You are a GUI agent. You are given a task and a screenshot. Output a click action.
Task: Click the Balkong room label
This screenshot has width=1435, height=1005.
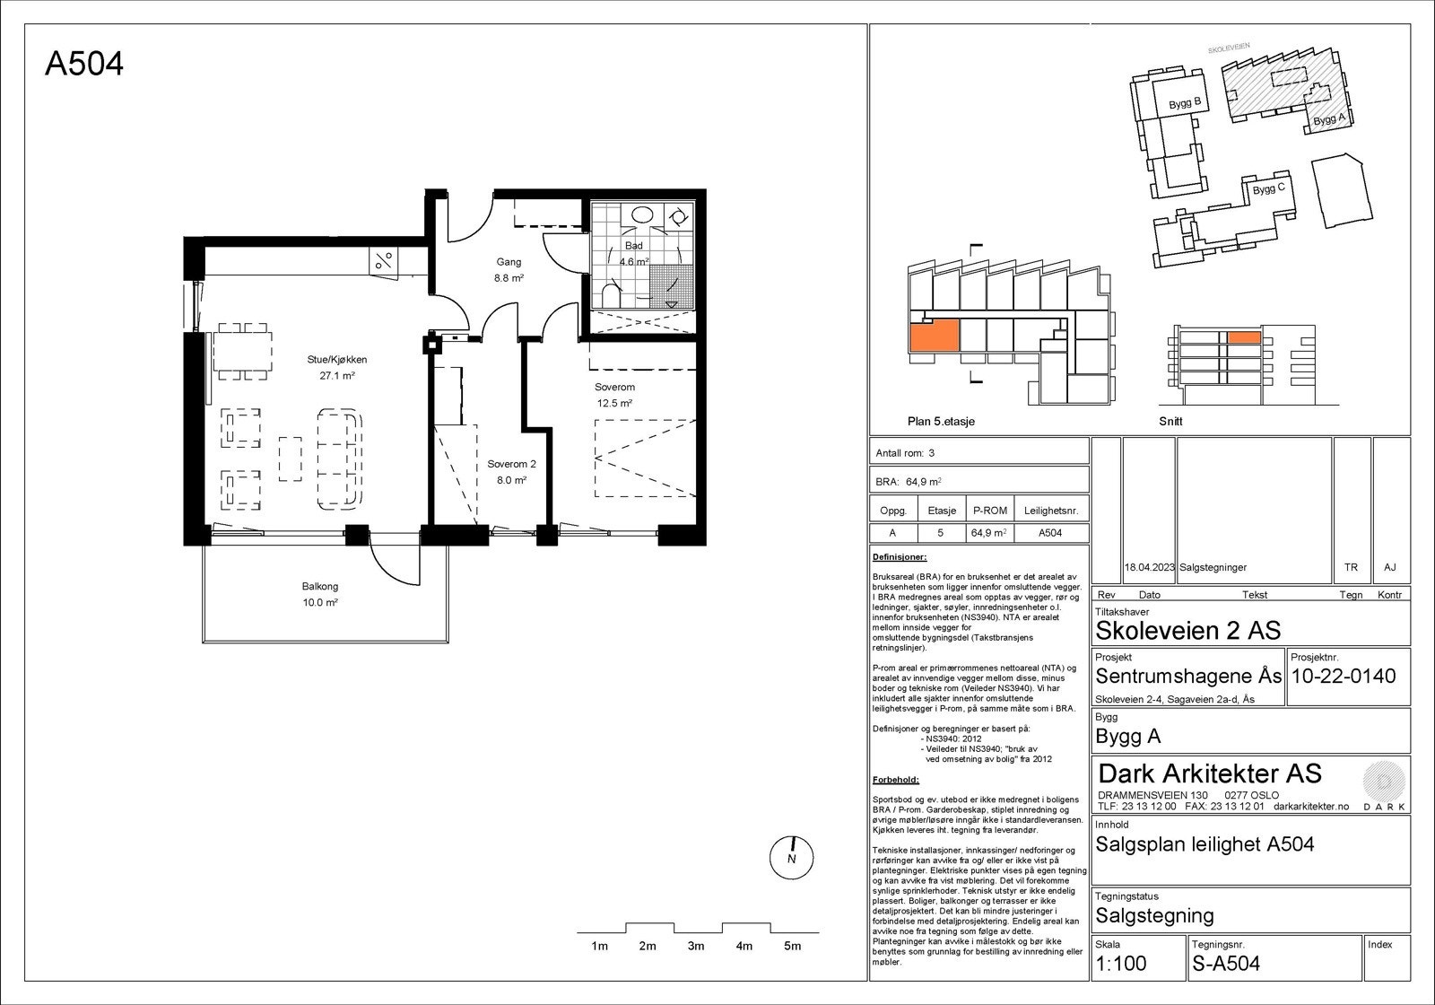tap(320, 587)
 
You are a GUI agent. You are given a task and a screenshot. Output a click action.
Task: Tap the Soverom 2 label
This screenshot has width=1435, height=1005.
tap(511, 464)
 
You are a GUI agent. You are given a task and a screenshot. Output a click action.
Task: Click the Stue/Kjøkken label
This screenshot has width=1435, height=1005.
tap(337, 360)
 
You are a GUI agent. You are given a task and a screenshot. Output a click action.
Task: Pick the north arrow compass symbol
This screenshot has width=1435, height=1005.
tap(791, 858)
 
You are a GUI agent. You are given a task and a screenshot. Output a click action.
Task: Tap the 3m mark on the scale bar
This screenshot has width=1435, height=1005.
tap(696, 946)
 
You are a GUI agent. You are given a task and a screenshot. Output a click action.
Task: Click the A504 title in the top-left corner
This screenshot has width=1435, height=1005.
tap(84, 64)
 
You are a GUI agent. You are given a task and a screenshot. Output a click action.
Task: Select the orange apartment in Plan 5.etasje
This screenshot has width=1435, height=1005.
tap(934, 336)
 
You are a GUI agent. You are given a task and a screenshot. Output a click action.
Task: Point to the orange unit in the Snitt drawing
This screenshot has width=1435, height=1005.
tap(1244, 337)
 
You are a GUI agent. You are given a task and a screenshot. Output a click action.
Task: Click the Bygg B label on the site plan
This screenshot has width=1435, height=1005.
tap(1185, 103)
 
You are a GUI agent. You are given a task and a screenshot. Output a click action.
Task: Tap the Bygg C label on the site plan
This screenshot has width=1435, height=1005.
tap(1269, 189)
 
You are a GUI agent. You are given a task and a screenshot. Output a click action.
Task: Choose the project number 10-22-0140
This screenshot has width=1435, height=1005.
tap(1344, 676)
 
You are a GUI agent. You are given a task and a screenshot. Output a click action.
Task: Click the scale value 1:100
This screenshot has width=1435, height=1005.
tap(1120, 964)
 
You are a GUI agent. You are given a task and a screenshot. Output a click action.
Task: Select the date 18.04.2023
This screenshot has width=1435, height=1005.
tap(1149, 567)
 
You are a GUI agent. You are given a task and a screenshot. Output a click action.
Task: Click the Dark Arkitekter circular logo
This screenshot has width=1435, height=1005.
tap(1384, 781)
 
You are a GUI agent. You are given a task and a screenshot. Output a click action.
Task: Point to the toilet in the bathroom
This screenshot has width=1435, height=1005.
tap(612, 297)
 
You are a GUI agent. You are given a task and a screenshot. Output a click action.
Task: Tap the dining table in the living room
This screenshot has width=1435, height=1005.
tap(243, 351)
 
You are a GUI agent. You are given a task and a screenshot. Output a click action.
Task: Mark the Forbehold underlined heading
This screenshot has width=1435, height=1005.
tap(896, 780)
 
